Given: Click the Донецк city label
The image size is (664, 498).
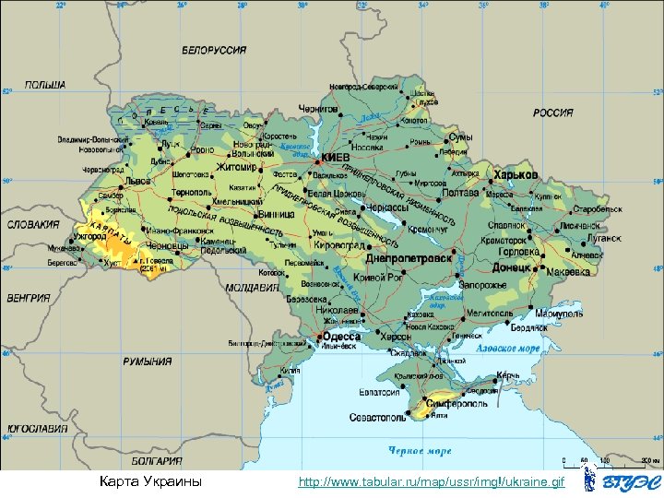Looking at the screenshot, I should [512, 267].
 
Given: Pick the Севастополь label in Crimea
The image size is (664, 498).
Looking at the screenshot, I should [377, 418].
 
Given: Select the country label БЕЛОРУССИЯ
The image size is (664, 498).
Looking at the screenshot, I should [214, 50].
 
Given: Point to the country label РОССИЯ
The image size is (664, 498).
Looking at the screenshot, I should [552, 113].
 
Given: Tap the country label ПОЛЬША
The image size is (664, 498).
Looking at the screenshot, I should [45, 85].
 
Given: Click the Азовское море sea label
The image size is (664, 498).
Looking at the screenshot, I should [507, 350].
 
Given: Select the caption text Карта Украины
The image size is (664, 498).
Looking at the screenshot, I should [150, 483].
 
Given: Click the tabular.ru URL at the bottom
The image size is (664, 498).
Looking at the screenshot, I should [432, 483].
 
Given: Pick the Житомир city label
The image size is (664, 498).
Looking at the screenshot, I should [238, 168].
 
